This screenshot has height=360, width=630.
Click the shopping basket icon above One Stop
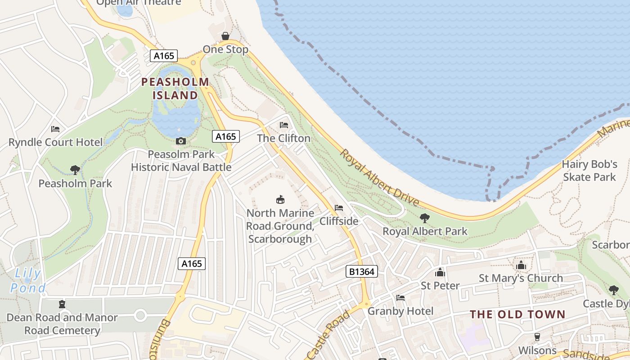click(225, 36)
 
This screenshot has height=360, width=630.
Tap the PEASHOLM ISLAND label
click(175, 89)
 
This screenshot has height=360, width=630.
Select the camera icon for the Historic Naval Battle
click(180, 141)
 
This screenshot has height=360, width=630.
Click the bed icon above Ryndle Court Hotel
click(55, 129)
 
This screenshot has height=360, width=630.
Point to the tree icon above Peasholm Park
click(75, 170)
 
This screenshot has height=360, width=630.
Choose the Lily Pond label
click(28, 280)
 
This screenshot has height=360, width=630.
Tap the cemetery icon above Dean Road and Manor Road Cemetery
click(62, 304)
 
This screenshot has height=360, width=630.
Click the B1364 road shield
click(361, 271)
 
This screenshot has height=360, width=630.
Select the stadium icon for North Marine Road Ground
click(280, 199)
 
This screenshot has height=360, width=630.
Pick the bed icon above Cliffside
click(339, 208)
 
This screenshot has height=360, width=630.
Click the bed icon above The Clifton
click(283, 125)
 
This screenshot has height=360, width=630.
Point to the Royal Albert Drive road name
click(379, 178)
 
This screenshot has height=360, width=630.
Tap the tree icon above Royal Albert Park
click(424, 218)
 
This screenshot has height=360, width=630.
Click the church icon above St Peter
click(440, 272)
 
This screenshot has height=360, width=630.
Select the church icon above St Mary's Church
click(521, 265)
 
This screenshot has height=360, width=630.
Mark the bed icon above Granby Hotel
click(400, 298)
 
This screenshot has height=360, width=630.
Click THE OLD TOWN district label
click(517, 315)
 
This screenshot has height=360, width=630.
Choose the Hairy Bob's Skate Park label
click(589, 171)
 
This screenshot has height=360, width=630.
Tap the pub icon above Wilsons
click(537, 337)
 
